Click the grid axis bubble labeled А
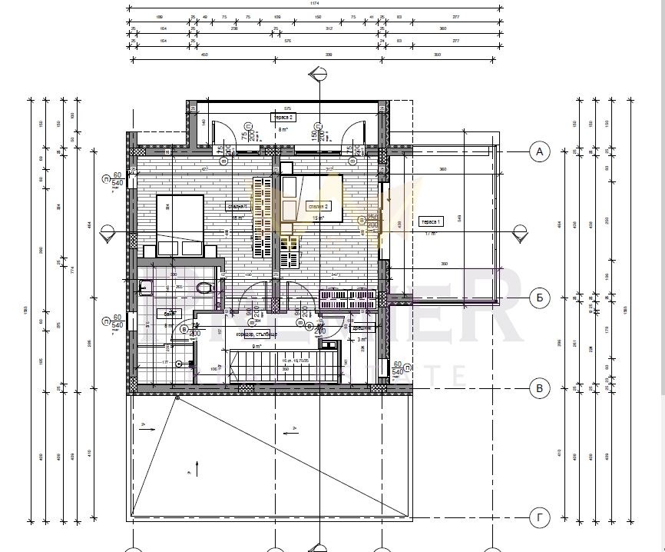point(540,151)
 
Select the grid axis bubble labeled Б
point(540,298)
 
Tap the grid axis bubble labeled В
point(540,388)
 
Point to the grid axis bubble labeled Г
point(540,519)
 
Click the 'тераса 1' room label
point(428,222)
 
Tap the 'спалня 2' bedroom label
point(317,206)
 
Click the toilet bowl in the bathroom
point(204,289)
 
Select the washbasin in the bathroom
point(145,288)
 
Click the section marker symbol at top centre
point(315,75)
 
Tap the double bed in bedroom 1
point(180,225)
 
